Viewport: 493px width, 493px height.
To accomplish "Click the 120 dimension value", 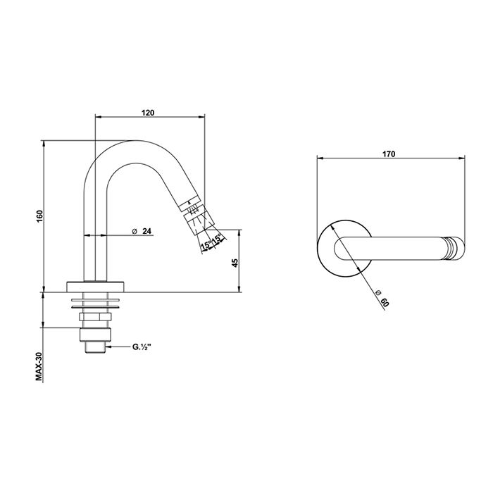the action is (x=148, y=113).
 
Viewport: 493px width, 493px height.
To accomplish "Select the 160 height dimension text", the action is (x=39, y=216).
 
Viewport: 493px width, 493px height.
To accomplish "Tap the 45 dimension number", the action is (x=235, y=263).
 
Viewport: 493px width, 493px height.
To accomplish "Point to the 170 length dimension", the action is (x=389, y=154).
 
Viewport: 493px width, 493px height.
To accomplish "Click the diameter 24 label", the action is (x=142, y=231).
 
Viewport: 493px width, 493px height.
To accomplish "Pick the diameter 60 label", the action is (x=383, y=298).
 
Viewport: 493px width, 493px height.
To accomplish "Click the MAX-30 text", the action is (x=39, y=367).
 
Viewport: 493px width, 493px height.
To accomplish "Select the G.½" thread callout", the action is (x=142, y=347).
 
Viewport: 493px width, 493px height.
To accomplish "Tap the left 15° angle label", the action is (x=206, y=245).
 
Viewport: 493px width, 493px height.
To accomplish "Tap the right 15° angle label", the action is (x=217, y=239).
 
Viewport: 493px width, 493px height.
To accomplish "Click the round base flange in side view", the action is (x=96, y=286).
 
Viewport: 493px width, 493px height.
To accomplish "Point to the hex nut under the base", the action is (x=96, y=317).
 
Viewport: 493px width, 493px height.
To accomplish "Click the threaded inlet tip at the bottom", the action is (x=96, y=348).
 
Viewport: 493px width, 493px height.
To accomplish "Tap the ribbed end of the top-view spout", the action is (x=455, y=249).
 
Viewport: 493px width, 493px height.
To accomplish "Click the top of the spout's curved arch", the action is (x=136, y=141).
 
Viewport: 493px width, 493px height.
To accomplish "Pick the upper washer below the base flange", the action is (x=96, y=300).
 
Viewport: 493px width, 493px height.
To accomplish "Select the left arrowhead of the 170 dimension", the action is (x=320, y=158).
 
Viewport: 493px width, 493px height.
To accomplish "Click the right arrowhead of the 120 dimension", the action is (x=201, y=117).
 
